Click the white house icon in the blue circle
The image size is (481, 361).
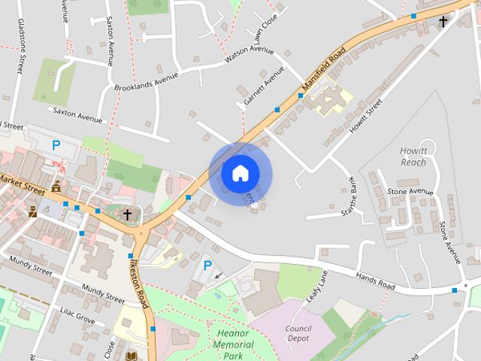[240, 174]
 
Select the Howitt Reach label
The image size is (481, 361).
[413, 156]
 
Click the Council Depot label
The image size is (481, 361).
[298, 333]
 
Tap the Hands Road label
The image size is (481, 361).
[376, 281]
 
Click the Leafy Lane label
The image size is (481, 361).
[317, 287]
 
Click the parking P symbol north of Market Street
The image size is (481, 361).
[56, 144]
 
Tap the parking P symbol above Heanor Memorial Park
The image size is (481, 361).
[207, 265]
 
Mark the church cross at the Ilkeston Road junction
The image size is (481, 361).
[127, 215]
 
